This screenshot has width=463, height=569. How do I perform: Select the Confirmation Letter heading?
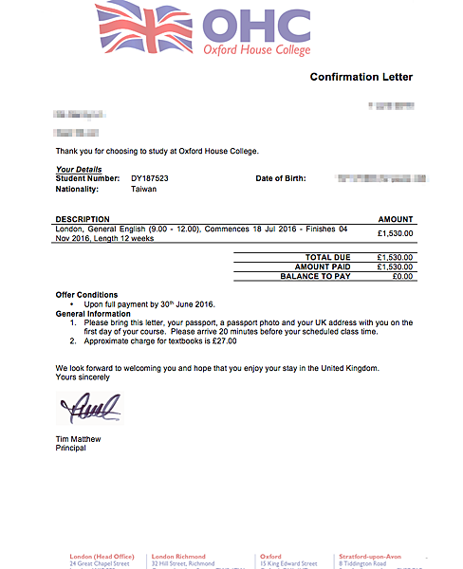(x=361, y=77)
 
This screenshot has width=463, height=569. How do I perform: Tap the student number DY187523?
(x=151, y=178)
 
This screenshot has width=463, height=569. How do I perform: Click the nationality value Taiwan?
(x=144, y=189)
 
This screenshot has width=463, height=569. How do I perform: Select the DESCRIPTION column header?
(x=83, y=219)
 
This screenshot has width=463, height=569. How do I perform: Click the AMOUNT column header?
(x=396, y=219)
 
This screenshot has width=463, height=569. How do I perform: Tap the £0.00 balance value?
(x=402, y=276)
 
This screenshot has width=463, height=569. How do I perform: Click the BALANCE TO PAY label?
(x=316, y=276)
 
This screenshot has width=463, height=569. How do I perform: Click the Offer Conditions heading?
(x=86, y=295)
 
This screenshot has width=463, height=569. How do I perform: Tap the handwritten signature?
(x=90, y=411)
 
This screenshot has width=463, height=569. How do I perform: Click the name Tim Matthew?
(x=81, y=439)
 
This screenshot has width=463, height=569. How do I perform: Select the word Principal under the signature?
(x=71, y=448)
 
